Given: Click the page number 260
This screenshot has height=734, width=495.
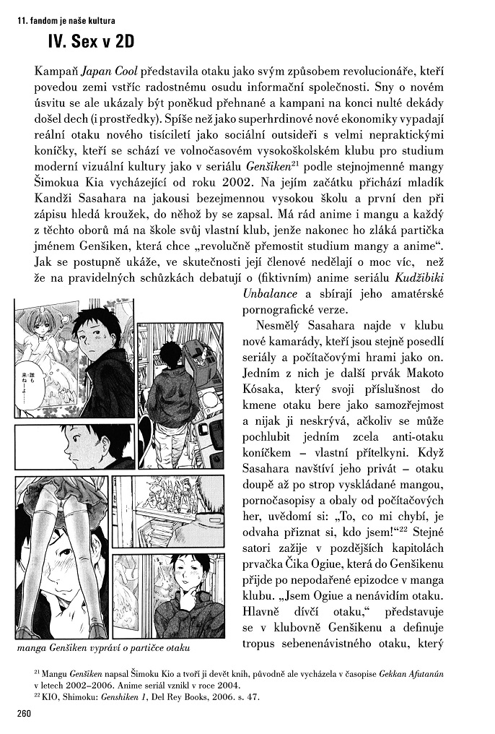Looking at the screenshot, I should (x=24, y=715).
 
